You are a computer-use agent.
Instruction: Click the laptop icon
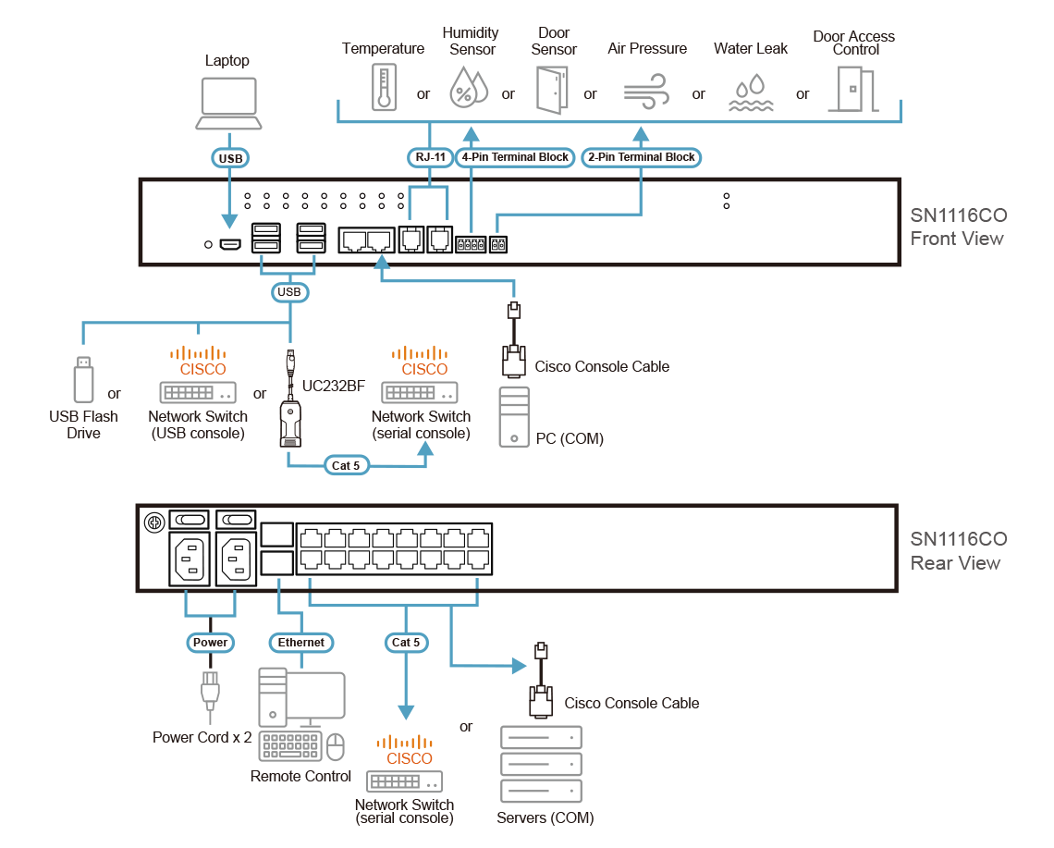point(227,103)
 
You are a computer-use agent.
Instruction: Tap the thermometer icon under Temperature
point(383,88)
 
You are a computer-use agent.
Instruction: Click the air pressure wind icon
point(647,93)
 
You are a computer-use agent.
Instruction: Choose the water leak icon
point(750,93)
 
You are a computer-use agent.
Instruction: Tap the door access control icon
point(852,90)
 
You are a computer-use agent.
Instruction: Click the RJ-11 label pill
point(430,157)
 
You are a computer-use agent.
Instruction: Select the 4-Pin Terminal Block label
point(516,157)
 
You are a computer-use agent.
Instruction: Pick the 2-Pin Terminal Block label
point(642,157)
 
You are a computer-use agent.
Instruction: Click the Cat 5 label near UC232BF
point(345,465)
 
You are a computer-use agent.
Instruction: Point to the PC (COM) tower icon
point(514,417)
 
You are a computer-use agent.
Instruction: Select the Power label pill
point(210,642)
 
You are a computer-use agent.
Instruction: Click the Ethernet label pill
point(301,642)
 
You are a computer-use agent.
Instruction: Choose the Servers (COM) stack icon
point(541,764)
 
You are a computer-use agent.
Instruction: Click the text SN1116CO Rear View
point(958,551)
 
